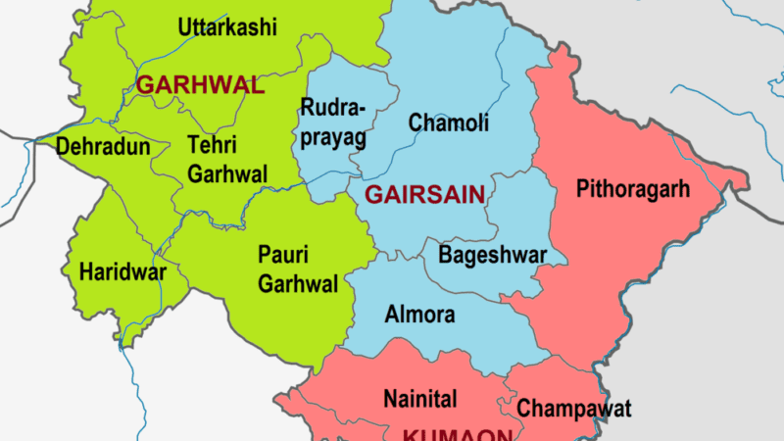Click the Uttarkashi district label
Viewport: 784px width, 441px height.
pyautogui.click(x=227, y=27)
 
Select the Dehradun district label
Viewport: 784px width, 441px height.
pyautogui.click(x=103, y=147)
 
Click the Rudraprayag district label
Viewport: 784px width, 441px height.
pyautogui.click(x=333, y=122)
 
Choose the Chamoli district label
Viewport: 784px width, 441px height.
pyautogui.click(x=449, y=123)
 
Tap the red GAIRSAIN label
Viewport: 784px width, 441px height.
pyautogui.click(x=424, y=195)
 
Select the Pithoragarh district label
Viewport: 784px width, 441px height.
pyautogui.click(x=633, y=187)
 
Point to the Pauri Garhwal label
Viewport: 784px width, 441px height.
pyautogui.click(x=298, y=269)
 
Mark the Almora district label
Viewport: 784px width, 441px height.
pyautogui.click(x=419, y=316)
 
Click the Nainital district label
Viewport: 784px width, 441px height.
pyautogui.click(x=418, y=399)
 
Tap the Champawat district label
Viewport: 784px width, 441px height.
pyautogui.click(x=574, y=408)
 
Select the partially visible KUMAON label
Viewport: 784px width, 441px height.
pyautogui.click(x=458, y=434)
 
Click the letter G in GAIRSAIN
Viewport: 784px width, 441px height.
pyautogui.click(x=372, y=195)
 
